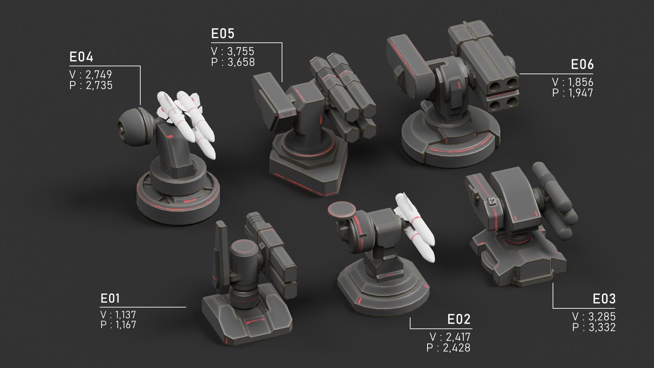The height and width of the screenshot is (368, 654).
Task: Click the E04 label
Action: [81, 57]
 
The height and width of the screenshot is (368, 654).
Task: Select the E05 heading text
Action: [223, 34]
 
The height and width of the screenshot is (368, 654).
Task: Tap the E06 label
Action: [582, 64]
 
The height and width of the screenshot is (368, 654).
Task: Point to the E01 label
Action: [110, 298]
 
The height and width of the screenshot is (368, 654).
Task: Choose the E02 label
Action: [459, 320]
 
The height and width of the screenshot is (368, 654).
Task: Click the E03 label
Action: [604, 299]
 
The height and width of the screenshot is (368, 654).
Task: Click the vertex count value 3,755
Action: [240, 51]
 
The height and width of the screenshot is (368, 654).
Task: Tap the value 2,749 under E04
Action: [98, 74]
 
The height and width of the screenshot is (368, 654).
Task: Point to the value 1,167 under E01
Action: [125, 325]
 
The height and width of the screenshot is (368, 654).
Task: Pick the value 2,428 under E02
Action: [456, 348]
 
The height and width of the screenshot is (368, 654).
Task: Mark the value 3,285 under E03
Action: [602, 317]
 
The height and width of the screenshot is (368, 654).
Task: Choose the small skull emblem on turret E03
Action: [492, 202]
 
